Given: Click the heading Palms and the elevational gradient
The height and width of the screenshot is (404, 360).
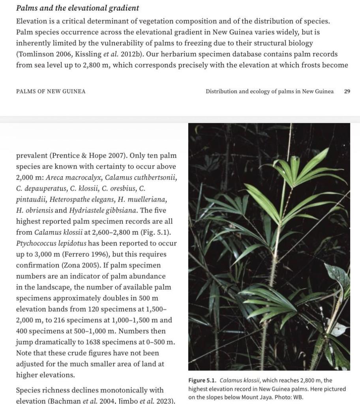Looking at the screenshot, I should (x=77, y=8).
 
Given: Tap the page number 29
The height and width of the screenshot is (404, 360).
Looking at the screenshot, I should (x=347, y=91).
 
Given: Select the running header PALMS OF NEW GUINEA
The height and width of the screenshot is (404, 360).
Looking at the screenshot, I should (x=51, y=91).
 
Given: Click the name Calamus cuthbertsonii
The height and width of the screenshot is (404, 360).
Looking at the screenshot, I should (x=140, y=178).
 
